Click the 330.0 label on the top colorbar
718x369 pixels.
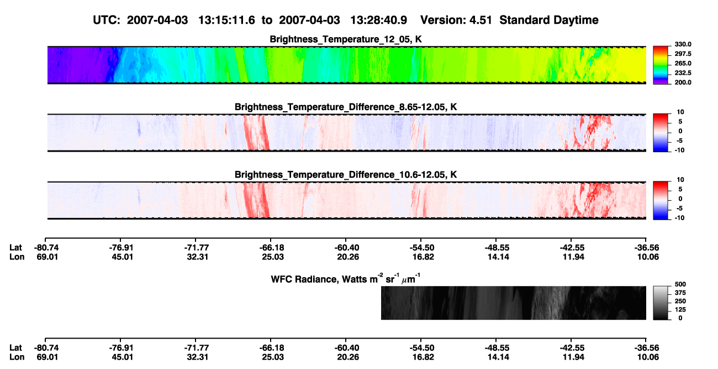coord(683,44)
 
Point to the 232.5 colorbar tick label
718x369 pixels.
coord(683,73)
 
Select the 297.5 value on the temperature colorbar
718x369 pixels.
coord(683,54)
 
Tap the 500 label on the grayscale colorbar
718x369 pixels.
coord(680,284)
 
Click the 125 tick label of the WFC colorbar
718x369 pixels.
coord(680,310)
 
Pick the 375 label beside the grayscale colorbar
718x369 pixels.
coord(680,293)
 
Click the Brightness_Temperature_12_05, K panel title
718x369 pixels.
coord(346,39)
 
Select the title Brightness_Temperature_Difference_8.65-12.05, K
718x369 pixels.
coord(346,107)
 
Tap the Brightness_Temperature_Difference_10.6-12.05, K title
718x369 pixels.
coord(346,175)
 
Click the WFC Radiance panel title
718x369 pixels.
coord(346,278)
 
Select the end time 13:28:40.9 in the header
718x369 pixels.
coord(378,20)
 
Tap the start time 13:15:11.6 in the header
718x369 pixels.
coord(226,20)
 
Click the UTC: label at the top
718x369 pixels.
coord(107,20)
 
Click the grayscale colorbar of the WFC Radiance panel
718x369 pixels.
coord(661,303)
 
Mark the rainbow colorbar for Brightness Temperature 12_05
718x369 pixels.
coord(661,65)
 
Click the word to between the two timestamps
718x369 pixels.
coord(267,20)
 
